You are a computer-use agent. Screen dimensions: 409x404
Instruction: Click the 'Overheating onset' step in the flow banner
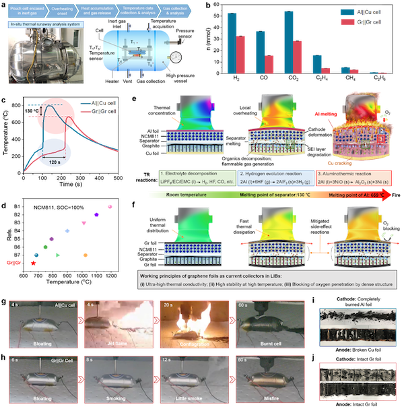point(73,10)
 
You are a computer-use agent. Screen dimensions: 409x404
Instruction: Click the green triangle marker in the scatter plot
point(58,255)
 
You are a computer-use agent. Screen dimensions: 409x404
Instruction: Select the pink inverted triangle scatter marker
point(84,222)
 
